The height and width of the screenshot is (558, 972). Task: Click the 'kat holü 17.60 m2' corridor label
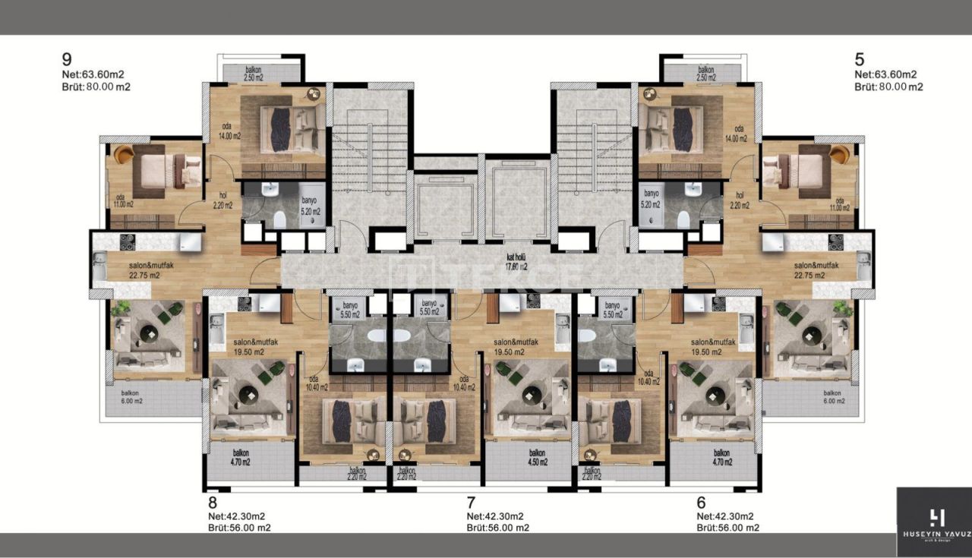tap(517, 262)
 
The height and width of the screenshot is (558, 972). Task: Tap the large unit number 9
tap(67, 59)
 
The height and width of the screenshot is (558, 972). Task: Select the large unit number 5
tap(860, 59)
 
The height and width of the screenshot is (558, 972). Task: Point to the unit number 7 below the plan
tap(472, 502)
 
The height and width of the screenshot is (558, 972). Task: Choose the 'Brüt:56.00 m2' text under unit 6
tap(727, 528)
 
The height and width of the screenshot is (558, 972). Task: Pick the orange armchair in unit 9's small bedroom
tap(124, 155)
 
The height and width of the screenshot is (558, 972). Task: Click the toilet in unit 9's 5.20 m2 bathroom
tap(279, 219)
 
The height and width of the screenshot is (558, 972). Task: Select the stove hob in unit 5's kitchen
tap(836, 242)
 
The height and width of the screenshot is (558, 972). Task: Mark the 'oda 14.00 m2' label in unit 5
tap(735, 134)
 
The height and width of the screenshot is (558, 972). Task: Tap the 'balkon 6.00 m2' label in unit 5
tap(834, 396)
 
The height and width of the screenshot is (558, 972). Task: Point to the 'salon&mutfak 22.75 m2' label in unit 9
tap(133, 270)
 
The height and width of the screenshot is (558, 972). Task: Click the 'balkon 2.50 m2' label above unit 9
tap(253, 74)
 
